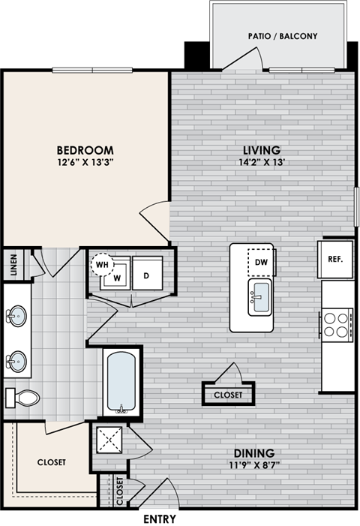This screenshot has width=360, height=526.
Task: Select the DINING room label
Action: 253,453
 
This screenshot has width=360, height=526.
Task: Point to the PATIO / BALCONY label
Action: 283,35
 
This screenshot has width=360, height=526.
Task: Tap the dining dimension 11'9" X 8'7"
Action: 253,465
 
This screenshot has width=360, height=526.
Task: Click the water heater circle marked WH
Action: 101,265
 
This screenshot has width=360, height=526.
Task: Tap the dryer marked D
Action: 146,275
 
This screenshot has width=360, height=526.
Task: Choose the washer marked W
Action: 116,277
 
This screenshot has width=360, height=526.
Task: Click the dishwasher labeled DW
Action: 262,262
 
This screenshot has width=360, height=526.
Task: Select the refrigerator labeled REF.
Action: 334,260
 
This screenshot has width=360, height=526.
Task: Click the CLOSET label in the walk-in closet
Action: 52,462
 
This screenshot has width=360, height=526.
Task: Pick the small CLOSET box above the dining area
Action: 228,394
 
